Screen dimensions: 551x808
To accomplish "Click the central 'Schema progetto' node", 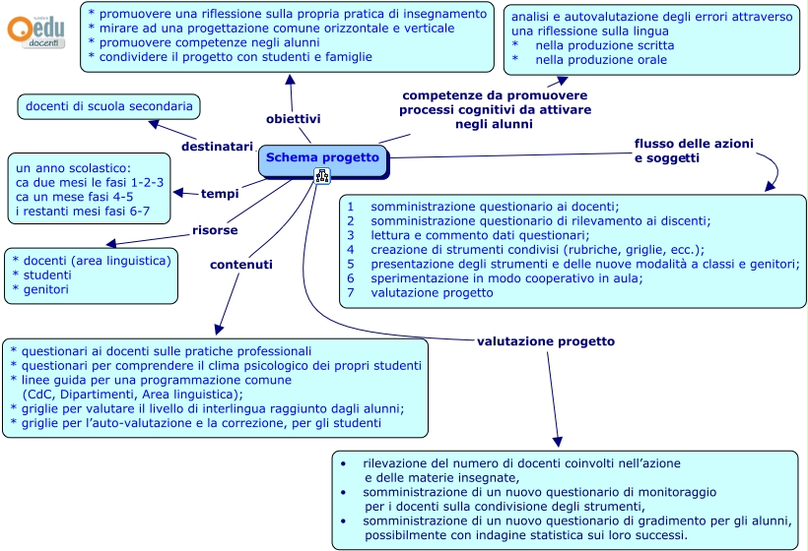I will [322, 157].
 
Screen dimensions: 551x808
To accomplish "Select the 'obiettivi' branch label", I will [293, 118].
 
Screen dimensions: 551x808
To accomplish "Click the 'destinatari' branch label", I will [217, 146].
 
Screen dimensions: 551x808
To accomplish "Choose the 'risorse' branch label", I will [214, 230].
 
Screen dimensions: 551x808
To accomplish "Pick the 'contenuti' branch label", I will [241, 264].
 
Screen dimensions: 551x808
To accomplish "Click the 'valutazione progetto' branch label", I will [545, 340].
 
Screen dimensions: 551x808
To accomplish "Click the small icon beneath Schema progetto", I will [322, 175].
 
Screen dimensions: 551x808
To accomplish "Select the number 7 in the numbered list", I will [350, 293].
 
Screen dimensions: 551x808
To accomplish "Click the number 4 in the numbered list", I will [350, 250].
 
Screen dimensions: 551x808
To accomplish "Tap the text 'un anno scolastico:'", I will [74, 168].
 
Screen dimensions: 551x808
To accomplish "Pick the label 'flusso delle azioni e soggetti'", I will [694, 151].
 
